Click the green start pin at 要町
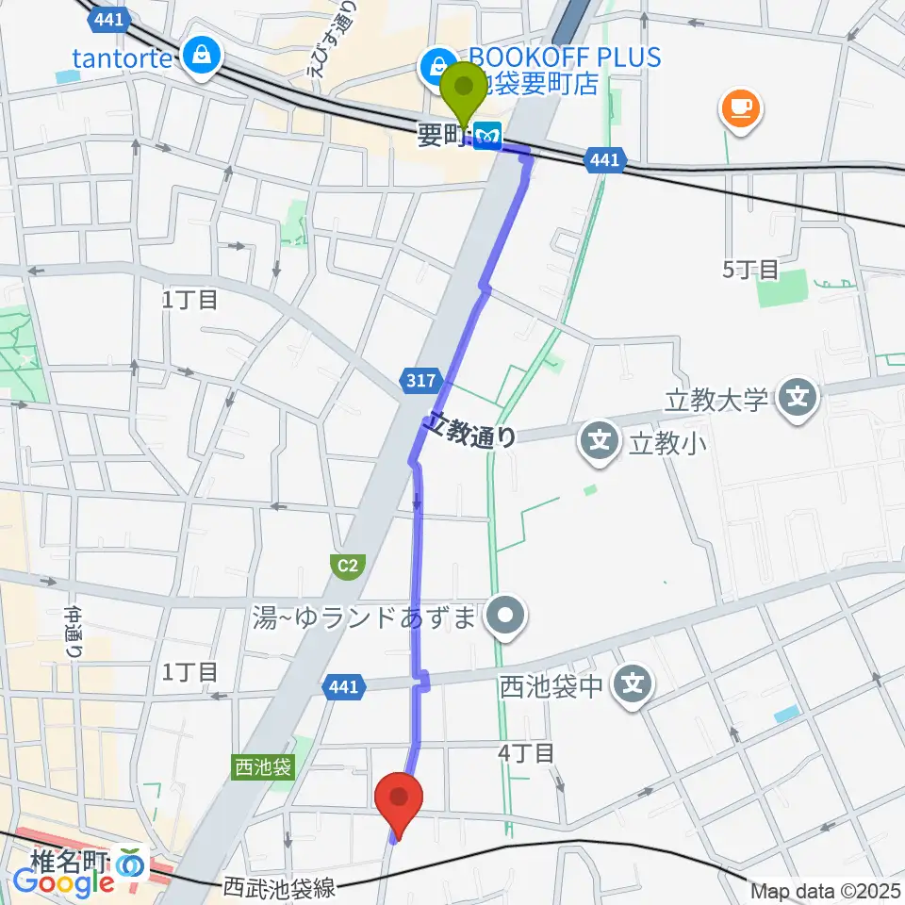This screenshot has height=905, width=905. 464,91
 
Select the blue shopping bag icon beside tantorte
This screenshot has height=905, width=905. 202,58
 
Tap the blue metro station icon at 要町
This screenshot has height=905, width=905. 487,136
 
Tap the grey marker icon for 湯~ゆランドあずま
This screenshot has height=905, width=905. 506,618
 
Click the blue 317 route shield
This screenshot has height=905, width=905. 423,381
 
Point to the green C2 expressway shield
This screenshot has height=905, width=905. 347,566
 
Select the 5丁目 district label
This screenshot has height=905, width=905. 750,270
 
